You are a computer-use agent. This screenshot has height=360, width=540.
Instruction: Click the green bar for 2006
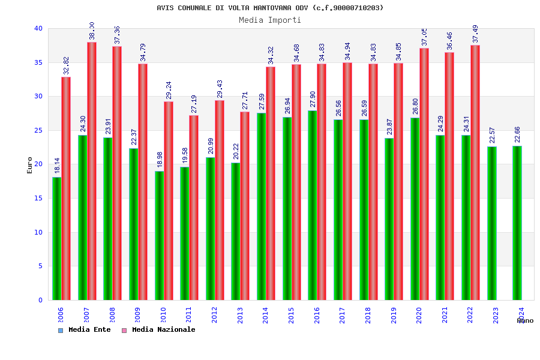click(x=56, y=238)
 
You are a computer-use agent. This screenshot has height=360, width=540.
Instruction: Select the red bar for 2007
click(x=92, y=171)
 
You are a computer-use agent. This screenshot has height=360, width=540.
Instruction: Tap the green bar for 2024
click(x=517, y=223)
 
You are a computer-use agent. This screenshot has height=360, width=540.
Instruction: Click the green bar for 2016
click(x=313, y=205)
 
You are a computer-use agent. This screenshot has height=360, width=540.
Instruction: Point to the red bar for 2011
click(x=194, y=208)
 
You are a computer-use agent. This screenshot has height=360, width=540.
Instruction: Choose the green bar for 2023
click(x=492, y=223)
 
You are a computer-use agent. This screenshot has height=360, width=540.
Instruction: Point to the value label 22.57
click(x=492, y=135)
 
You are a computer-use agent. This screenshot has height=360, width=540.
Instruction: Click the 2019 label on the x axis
click(x=394, y=315)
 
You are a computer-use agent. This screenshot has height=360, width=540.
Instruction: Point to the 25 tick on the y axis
click(x=38, y=130)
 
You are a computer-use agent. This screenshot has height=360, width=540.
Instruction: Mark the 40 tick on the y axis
click(x=38, y=28)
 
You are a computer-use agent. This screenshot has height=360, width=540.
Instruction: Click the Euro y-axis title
click(x=30, y=165)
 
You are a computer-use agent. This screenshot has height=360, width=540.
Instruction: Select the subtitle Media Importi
click(x=270, y=20)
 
